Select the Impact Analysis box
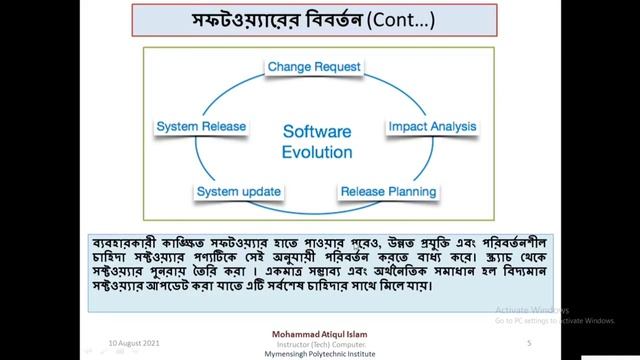pos(432,127)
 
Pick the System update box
pos(237,191)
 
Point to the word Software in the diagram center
pos(317,132)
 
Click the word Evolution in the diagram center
pos(317,152)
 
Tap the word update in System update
pos(262,191)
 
